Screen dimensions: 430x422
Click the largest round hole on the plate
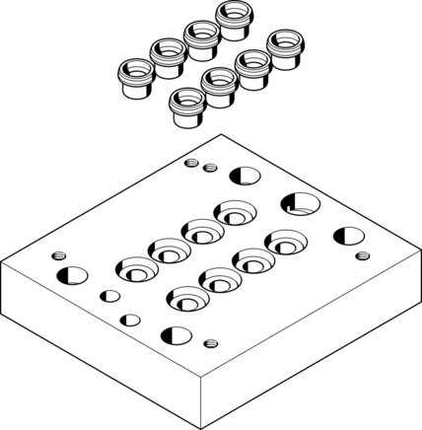pyautogui.click(x=300, y=204)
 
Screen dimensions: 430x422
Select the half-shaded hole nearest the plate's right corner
pyautogui.click(x=346, y=236)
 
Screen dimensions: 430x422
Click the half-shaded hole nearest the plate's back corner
pyautogui.click(x=241, y=176)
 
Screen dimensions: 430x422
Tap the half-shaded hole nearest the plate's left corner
pyautogui.click(x=70, y=273)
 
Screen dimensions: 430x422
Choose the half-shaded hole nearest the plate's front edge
pyautogui.click(x=176, y=332)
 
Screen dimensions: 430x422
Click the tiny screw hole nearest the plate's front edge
pyautogui.click(x=208, y=343)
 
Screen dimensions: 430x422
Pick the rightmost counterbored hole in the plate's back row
pyautogui.click(x=234, y=212)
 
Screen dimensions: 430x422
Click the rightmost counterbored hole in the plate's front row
pyautogui.click(x=283, y=240)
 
